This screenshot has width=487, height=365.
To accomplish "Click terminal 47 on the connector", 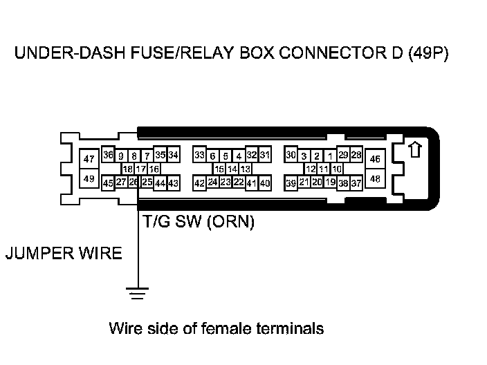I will (x=89, y=160).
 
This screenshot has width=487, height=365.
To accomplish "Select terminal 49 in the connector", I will (x=89, y=179).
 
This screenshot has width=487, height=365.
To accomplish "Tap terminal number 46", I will (x=375, y=160).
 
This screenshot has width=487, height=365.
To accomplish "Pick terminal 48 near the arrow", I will (x=375, y=178).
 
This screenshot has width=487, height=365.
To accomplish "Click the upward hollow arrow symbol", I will (x=414, y=150).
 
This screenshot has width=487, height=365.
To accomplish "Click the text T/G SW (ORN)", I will (x=199, y=223).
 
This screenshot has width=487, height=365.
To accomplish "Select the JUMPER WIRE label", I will (x=64, y=254).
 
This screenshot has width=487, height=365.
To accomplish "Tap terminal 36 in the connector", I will (x=108, y=155).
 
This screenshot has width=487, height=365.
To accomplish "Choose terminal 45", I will (x=108, y=183).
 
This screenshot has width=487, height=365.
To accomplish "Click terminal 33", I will (x=199, y=155).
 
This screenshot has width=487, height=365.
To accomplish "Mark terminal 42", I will (x=199, y=183).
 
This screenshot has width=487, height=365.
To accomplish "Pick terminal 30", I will (x=291, y=155).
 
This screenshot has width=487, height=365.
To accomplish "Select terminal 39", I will (x=291, y=183).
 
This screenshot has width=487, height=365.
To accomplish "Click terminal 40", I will (x=264, y=183).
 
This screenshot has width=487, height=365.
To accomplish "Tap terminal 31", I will (x=265, y=155).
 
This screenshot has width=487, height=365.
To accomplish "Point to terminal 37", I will (x=356, y=183).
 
